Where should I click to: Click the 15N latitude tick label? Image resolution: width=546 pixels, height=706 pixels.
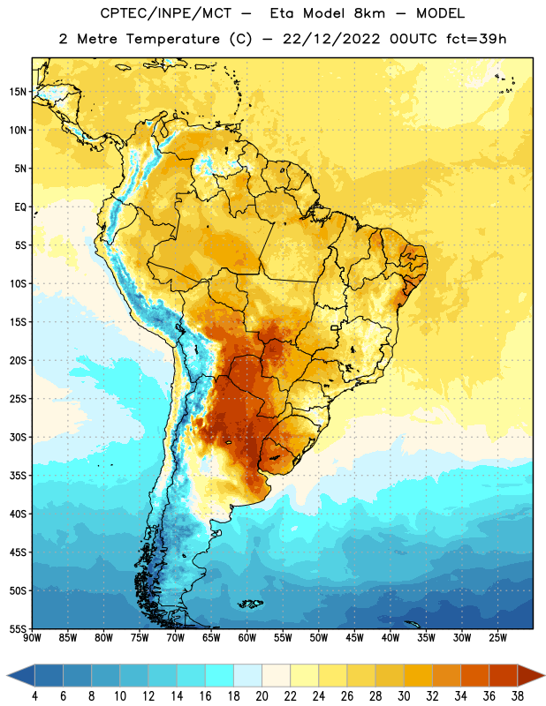18,92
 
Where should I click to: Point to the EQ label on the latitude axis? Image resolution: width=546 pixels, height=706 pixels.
20,207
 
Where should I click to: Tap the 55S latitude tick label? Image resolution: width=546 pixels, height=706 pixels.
18,628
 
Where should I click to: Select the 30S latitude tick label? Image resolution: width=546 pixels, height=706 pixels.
18,437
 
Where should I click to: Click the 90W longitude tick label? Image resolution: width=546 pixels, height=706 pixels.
32,638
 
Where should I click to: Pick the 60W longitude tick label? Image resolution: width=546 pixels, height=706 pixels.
247,638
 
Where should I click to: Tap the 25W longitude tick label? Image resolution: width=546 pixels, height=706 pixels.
497,638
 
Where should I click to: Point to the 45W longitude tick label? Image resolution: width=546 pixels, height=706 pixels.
354,638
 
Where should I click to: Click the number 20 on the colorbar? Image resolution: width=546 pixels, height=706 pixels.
262,696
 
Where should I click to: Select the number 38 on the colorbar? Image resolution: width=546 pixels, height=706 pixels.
518,696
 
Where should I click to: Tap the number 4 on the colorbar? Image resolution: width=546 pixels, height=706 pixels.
35,696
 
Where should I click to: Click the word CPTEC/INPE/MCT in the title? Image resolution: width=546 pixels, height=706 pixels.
166,13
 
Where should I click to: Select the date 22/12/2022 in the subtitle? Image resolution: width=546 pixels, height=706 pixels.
331,39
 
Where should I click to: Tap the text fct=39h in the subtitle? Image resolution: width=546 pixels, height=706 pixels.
476,39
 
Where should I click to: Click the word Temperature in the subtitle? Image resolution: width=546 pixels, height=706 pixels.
172,39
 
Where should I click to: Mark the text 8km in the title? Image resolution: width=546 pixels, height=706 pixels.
369,13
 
